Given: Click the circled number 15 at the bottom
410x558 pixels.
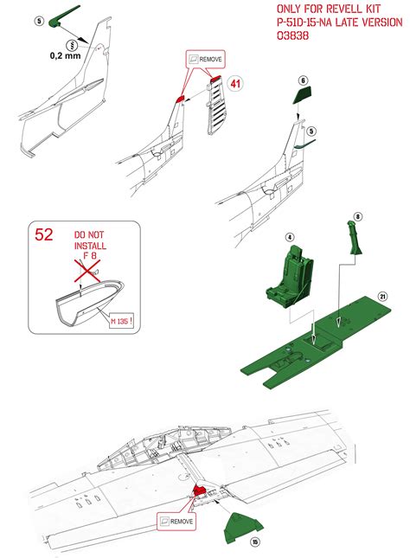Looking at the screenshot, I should click(255, 542).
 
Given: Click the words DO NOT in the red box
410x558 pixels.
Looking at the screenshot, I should click(89, 234).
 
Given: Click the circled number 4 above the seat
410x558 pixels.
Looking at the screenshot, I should click(291, 236).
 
